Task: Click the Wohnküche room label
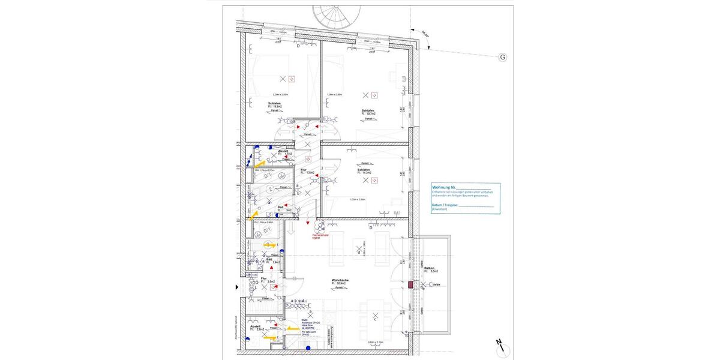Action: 340,280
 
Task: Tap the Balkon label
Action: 429,269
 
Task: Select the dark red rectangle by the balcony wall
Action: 411,285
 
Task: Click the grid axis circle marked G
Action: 503,58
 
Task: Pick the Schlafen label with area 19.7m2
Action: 368,112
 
